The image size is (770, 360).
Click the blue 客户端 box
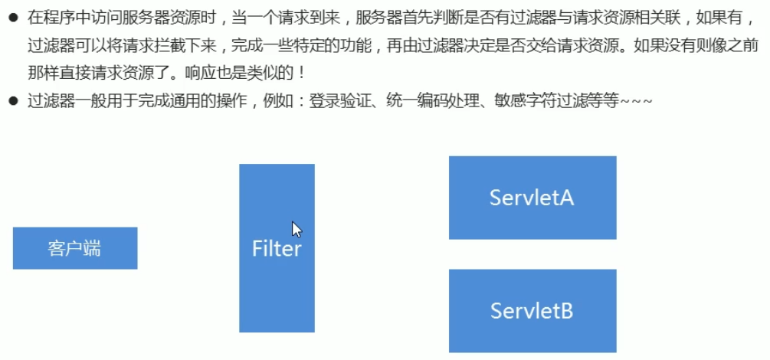click(74, 248)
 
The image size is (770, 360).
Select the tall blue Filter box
click(277, 248)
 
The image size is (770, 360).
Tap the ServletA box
click(532, 198)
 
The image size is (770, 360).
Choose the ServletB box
click(532, 311)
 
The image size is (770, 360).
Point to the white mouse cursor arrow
click(297, 229)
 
